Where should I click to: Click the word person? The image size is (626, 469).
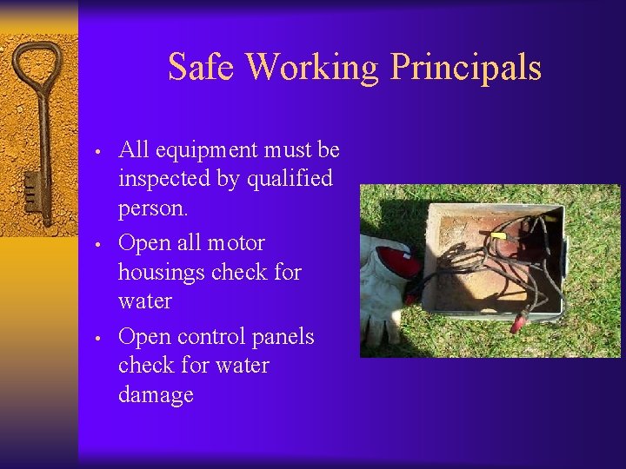pyautogui.click(x=153, y=209)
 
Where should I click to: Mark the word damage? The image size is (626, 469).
pyautogui.click(x=156, y=395)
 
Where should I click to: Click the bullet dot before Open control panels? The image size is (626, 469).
pyautogui.click(x=100, y=338)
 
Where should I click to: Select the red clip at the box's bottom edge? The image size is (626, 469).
pyautogui.click(x=517, y=323)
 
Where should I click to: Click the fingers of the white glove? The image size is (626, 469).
pyautogui.click(x=379, y=326)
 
